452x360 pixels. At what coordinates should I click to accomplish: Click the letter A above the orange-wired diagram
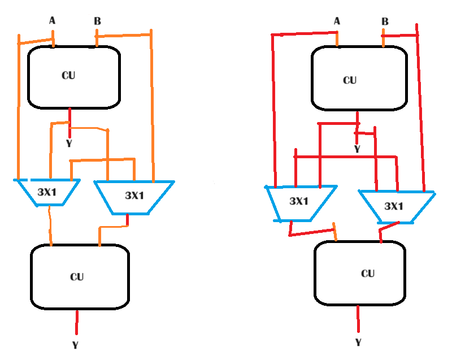click(53, 21)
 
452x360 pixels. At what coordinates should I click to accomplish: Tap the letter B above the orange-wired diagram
click(97, 22)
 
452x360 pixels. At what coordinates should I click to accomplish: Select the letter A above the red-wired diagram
click(337, 21)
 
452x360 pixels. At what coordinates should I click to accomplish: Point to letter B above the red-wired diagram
click(385, 22)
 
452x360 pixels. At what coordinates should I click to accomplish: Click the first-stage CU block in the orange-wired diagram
click(74, 77)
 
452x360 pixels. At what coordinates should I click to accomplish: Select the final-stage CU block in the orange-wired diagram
click(80, 277)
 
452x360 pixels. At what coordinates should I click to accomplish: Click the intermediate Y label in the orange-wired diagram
click(69, 144)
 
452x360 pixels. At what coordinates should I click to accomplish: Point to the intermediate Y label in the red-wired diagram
click(357, 149)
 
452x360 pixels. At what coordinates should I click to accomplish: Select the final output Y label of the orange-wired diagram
click(76, 344)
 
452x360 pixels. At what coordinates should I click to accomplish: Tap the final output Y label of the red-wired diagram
click(357, 342)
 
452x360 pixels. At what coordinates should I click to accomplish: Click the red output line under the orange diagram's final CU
click(77, 322)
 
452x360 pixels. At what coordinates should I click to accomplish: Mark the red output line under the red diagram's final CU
click(357, 319)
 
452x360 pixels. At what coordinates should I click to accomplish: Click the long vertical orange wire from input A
click(19, 113)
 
